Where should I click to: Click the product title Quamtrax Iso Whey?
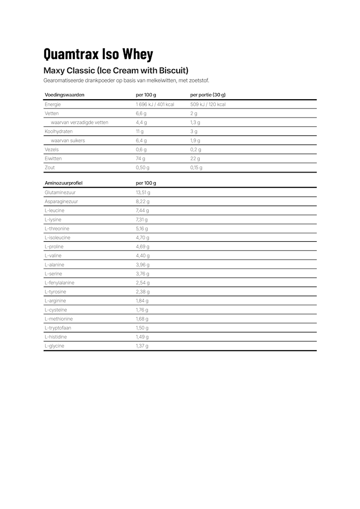[98, 54]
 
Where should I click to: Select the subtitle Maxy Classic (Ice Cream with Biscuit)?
[116, 70]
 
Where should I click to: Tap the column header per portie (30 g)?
[208, 95]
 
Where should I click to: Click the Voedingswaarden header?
[65, 95]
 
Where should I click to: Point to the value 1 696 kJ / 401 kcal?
[155, 104]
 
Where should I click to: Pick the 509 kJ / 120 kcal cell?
[208, 104]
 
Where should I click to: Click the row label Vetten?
[52, 114]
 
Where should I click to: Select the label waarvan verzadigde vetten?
[79, 123]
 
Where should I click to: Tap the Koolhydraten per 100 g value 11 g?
[140, 131]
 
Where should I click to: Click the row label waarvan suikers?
[68, 140]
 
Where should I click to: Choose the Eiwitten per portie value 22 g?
[194, 158]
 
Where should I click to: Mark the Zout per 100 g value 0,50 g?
[143, 167]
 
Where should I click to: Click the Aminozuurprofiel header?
[64, 183]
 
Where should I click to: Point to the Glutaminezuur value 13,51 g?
[143, 193]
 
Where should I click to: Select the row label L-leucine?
[54, 211]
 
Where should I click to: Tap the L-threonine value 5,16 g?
[142, 229]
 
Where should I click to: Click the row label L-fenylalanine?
[60, 283]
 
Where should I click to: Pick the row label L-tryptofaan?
[58, 328]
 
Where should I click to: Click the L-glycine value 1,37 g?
[142, 346]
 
